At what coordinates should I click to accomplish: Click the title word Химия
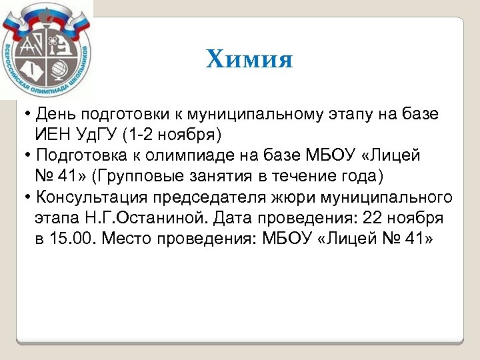249,59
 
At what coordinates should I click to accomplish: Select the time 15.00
75,240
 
